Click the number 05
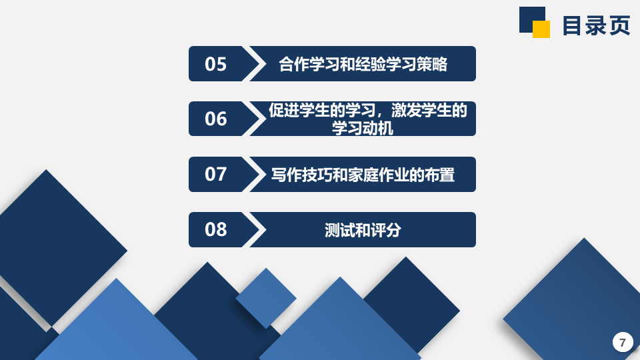coord(215,64)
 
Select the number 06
coord(215,119)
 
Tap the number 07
coord(215,174)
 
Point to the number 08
coord(215,229)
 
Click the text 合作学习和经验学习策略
coord(363,64)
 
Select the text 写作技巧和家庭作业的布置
coord(363,175)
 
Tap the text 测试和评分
coord(363,230)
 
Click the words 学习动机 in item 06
coord(363,128)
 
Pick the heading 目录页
coord(596,25)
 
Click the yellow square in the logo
coord(541,29)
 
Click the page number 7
coord(623,343)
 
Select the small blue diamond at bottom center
coord(266,299)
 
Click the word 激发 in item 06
coord(406,111)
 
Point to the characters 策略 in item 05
coord(432,64)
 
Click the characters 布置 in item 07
coord(439,175)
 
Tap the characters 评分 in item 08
coord(386,230)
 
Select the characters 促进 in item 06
coord(284,111)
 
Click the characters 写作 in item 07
coord(286,175)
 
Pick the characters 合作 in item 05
coord(294,64)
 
